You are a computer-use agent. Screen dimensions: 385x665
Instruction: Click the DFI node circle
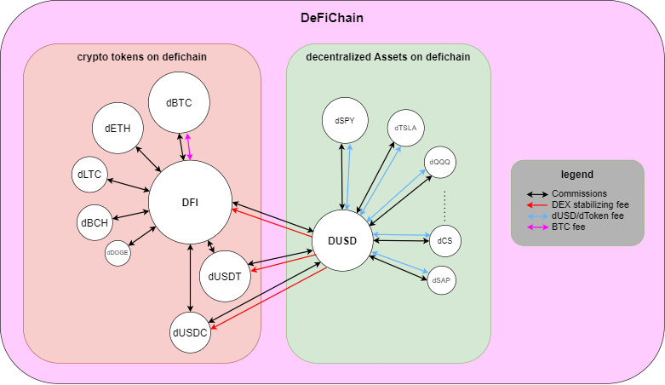(x=191, y=202)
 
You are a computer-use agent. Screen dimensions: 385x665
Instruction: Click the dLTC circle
(x=89, y=175)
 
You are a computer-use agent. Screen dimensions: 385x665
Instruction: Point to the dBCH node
(x=94, y=223)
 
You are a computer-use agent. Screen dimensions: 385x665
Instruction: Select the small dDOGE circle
(x=118, y=252)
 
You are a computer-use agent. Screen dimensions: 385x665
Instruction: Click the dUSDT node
(x=225, y=275)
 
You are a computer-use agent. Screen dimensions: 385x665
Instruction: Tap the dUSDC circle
(x=190, y=332)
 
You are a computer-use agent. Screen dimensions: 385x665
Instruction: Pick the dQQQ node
(x=440, y=162)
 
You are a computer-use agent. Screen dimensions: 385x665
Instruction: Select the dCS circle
(x=444, y=241)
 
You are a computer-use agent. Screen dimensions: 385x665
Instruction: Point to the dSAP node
(x=441, y=279)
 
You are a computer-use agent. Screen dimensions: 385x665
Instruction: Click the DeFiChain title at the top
(x=331, y=18)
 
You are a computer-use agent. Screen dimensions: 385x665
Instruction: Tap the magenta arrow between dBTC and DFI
(x=189, y=145)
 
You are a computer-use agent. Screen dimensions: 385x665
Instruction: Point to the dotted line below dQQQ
(x=444, y=204)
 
